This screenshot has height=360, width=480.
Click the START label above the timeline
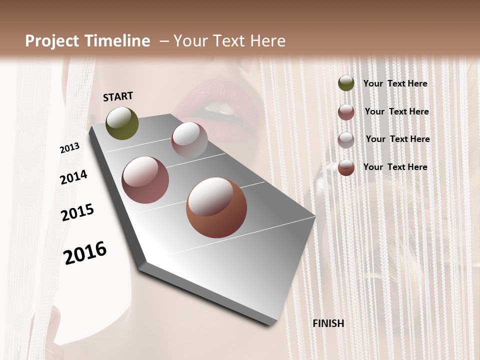click(x=118, y=96)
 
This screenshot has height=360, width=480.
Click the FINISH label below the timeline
click(x=328, y=323)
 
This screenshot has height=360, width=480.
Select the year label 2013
click(x=69, y=148)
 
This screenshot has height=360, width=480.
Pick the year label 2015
click(x=77, y=212)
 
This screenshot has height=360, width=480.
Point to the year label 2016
click(x=85, y=253)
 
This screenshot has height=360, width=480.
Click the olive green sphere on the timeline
click(x=122, y=123)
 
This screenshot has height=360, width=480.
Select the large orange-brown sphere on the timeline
click(x=216, y=208)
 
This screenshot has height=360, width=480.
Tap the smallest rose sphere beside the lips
click(x=189, y=139)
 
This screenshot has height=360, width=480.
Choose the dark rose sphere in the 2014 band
click(x=145, y=180)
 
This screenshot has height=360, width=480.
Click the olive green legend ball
click(x=346, y=83)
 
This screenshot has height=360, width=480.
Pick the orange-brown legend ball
click(x=346, y=167)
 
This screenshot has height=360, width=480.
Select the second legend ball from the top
click(x=346, y=111)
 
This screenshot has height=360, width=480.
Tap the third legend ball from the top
click(x=346, y=139)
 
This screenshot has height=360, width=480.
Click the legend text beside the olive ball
click(x=395, y=83)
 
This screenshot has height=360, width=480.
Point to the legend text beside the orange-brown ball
click(x=395, y=167)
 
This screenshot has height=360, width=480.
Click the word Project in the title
click(x=52, y=41)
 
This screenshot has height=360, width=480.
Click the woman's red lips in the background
click(x=220, y=107)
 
